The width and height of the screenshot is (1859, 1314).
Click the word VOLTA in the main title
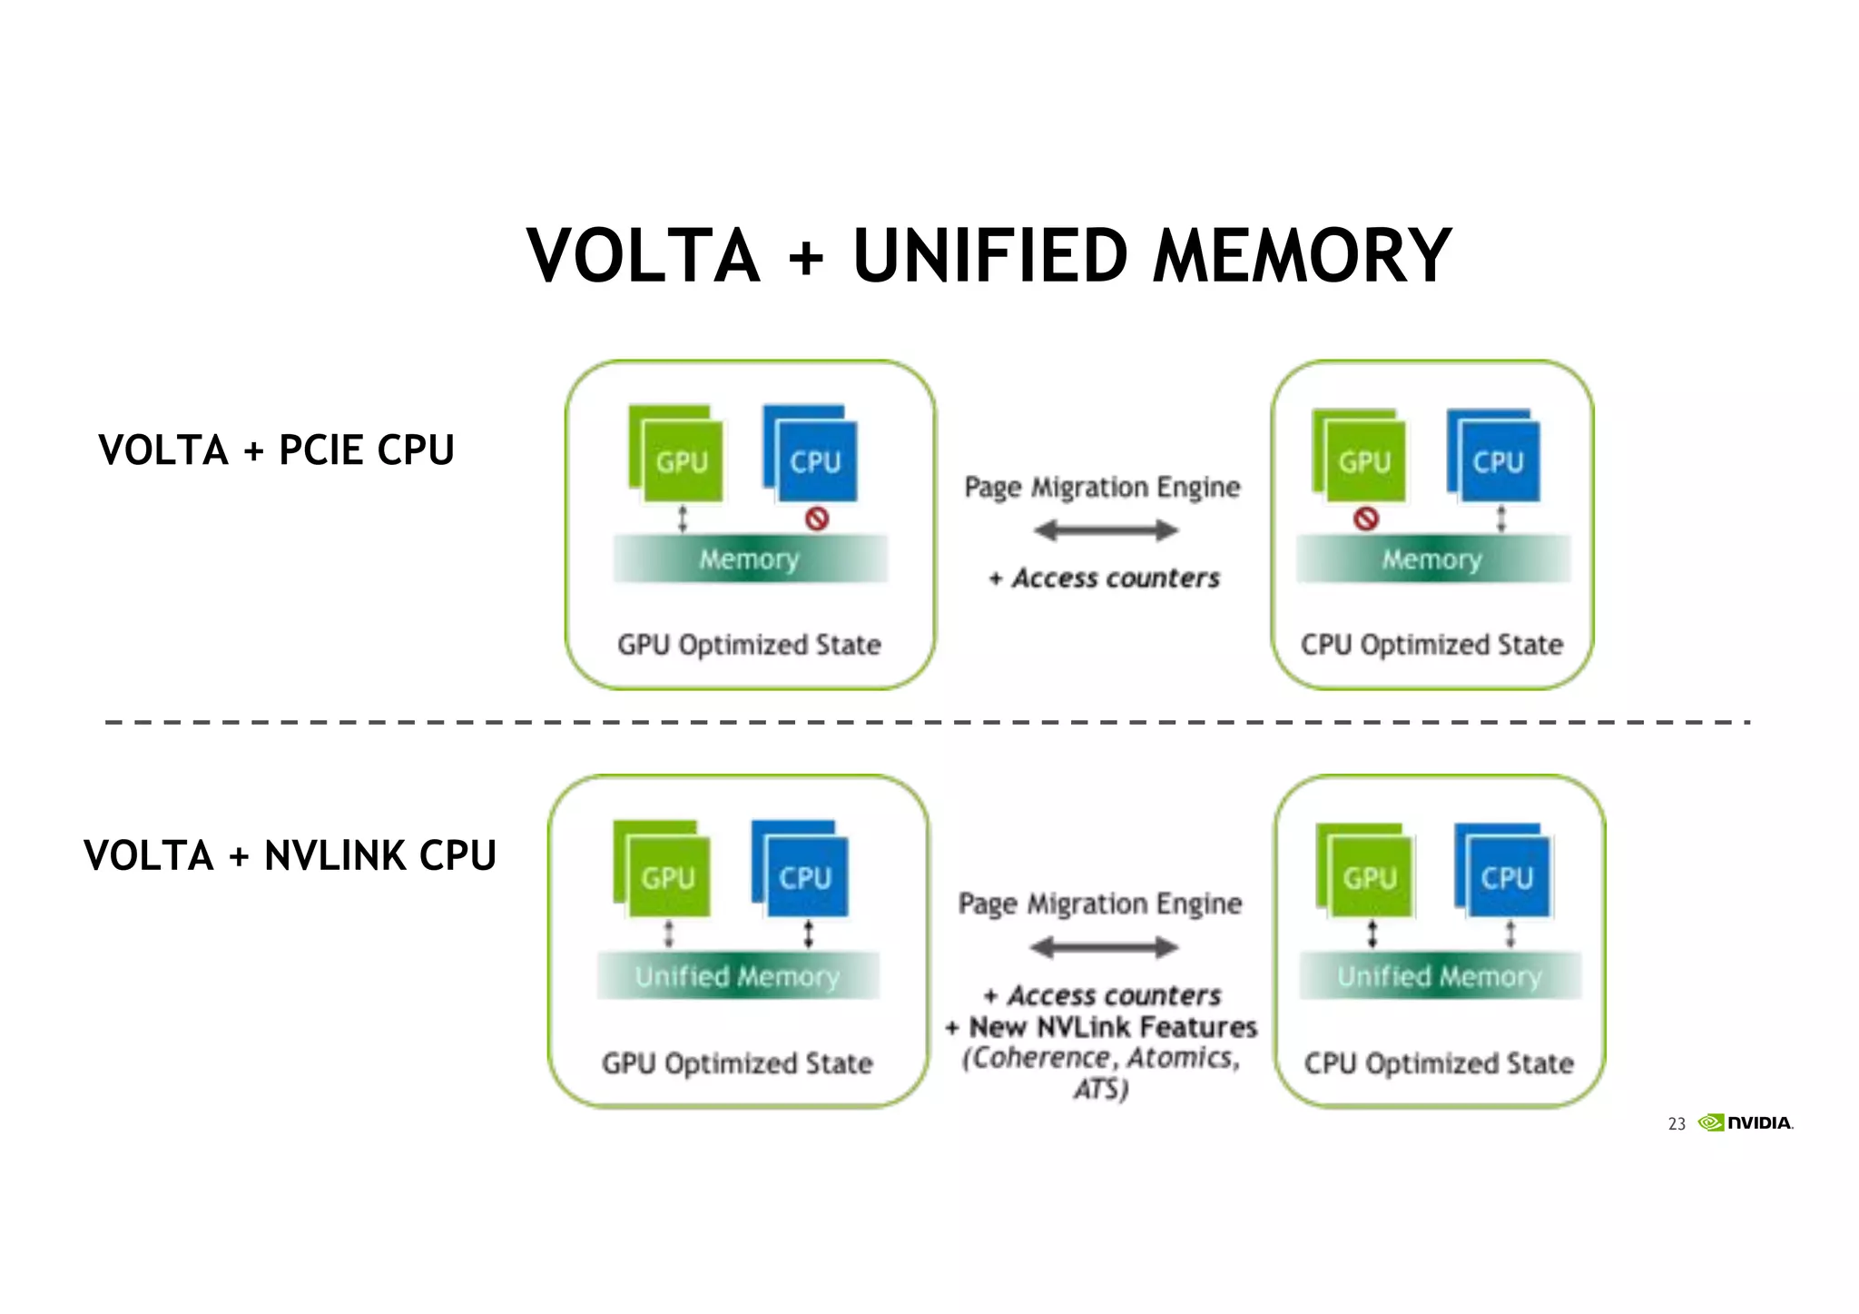pos(643,257)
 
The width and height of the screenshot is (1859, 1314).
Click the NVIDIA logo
pos(1746,1122)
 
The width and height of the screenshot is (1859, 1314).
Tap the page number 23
pos(1676,1124)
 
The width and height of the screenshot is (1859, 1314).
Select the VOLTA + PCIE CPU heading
pos(276,450)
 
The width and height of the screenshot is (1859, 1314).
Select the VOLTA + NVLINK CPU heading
pos(290,855)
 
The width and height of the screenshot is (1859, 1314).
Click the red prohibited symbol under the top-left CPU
pos(817,519)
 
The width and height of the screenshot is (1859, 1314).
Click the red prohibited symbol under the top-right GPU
pos(1365,519)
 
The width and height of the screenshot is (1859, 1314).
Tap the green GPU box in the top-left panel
pos(681,459)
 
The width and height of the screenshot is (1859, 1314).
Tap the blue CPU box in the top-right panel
pos(1497,459)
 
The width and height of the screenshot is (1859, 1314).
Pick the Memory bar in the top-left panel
pos(750,558)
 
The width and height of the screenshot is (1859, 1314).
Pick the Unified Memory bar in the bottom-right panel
pos(1440,976)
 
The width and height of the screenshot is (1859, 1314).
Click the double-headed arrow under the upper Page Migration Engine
pos(1105,530)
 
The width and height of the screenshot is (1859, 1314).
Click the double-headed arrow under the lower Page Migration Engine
pos(1104,948)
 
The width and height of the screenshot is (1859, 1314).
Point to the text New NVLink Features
pos(1113,1027)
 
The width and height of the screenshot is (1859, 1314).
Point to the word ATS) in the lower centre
pos(1101,1088)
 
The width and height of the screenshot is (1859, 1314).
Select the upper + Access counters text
pos(1105,578)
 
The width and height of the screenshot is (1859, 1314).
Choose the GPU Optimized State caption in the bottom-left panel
pos(737,1063)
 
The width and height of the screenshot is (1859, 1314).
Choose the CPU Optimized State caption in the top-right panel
pos(1431,645)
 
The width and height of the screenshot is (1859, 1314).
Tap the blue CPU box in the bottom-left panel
pos(804,875)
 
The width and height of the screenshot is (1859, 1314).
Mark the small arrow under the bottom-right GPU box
pos(1372,934)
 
